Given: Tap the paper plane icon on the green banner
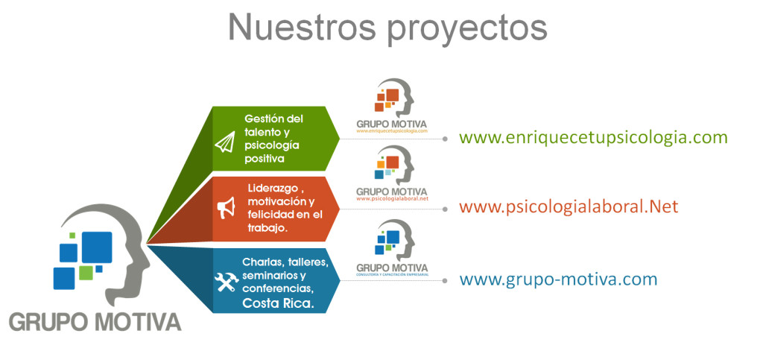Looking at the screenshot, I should click(x=225, y=142).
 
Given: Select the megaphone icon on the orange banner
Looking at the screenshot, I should click(x=226, y=209).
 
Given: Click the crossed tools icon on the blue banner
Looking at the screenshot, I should click(x=226, y=282).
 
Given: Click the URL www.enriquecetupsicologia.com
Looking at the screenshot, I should click(x=593, y=138).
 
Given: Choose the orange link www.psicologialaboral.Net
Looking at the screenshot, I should click(x=569, y=206).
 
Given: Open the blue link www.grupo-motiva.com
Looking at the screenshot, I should click(x=558, y=280).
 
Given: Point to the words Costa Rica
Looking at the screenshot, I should click(x=278, y=303).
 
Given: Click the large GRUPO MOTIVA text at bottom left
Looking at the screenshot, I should click(x=95, y=322).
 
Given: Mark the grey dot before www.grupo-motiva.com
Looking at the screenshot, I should click(x=446, y=281).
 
